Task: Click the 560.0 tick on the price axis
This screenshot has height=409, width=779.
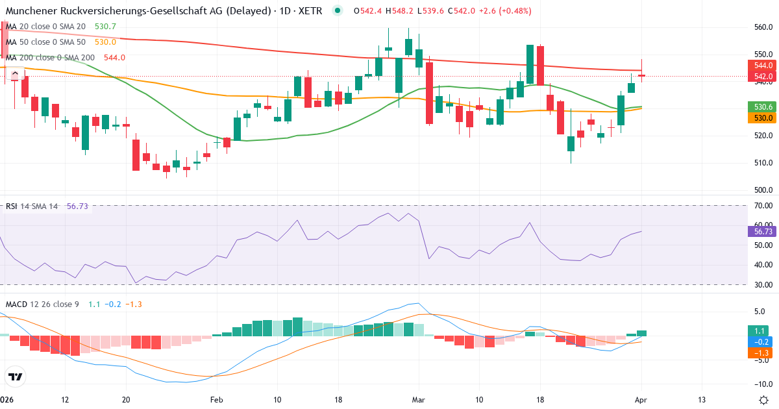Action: click(763, 27)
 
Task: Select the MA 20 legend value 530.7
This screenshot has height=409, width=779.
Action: click(105, 26)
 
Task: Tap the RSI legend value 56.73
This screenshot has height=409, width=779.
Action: click(77, 206)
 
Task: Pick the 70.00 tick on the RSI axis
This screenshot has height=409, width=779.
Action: click(763, 206)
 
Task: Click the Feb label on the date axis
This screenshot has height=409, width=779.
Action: click(216, 399)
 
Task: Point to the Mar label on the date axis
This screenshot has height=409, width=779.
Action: click(419, 399)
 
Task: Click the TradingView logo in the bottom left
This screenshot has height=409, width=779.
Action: click(16, 377)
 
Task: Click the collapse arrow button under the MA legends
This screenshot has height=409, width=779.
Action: click(14, 73)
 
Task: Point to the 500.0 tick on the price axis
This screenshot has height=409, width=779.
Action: click(763, 190)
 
